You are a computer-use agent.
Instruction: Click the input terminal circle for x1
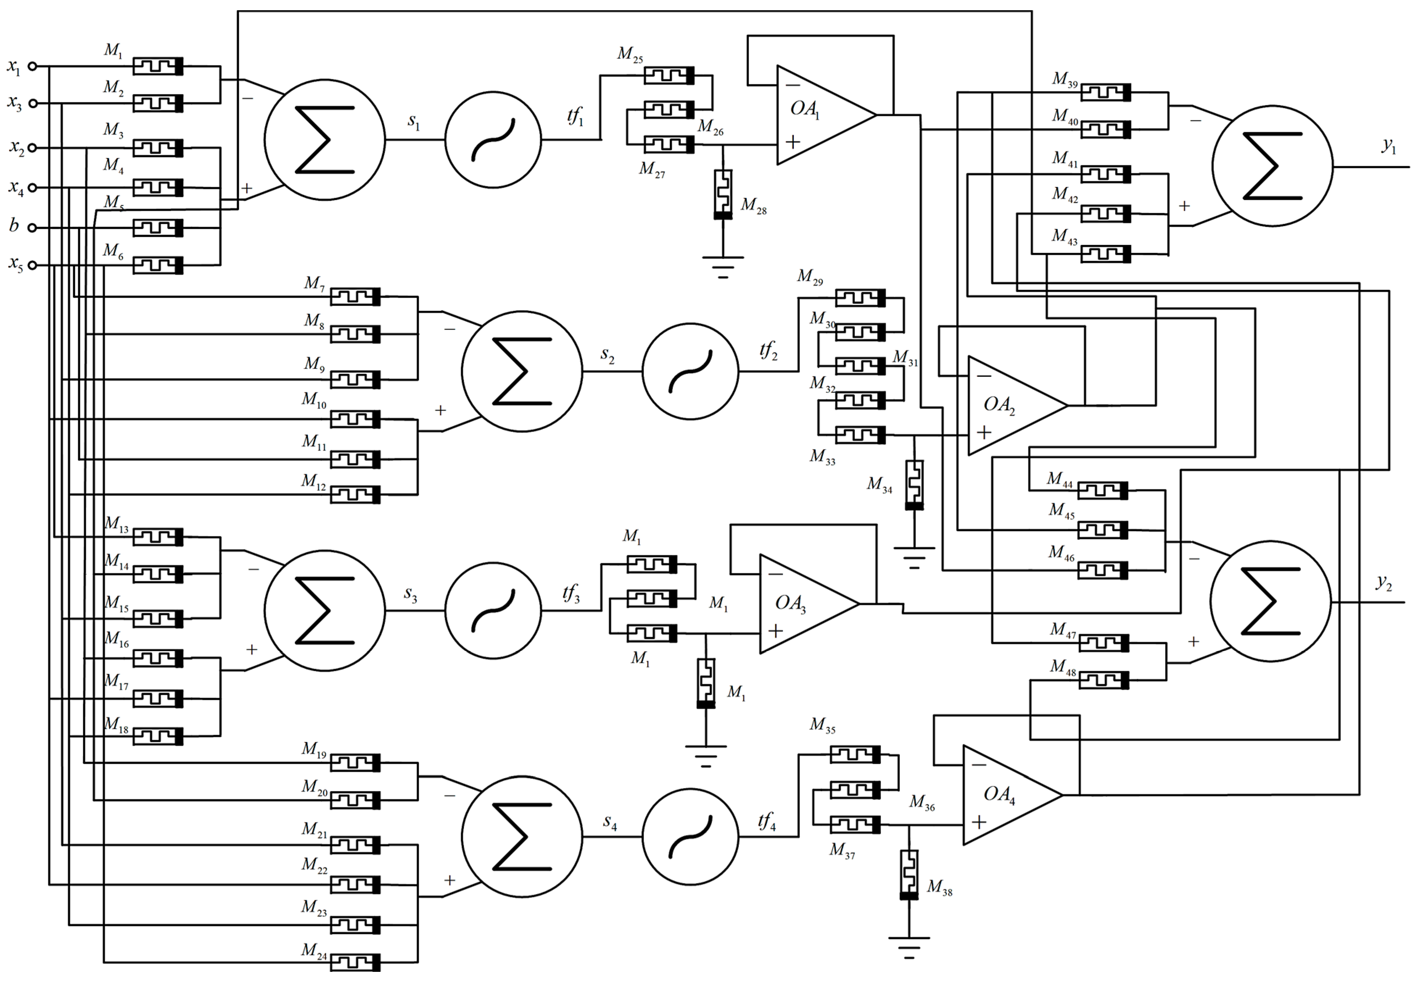[x=33, y=66]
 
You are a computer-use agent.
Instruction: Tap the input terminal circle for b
[x=33, y=228]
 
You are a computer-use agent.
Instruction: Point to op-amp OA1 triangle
[x=819, y=115]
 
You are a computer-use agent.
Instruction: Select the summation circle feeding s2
[x=522, y=371]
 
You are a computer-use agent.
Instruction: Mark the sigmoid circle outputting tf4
[x=690, y=837]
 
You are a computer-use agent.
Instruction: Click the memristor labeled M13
[x=158, y=537]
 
